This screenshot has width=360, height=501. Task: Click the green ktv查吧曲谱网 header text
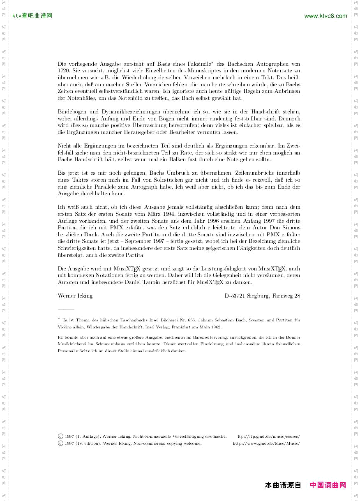(x=32, y=16)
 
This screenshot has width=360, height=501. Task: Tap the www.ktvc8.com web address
(x=325, y=16)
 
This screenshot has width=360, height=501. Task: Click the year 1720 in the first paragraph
(x=64, y=71)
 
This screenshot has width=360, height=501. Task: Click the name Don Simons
(x=286, y=228)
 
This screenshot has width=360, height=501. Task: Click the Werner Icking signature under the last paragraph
(x=75, y=296)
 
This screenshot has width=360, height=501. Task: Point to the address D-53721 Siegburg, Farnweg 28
(x=262, y=296)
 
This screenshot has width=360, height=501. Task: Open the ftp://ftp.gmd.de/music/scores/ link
(x=269, y=436)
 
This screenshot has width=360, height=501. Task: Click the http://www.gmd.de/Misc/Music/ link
(x=266, y=443)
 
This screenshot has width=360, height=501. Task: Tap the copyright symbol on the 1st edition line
(x=60, y=443)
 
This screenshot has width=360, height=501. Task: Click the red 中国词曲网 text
(x=328, y=485)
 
